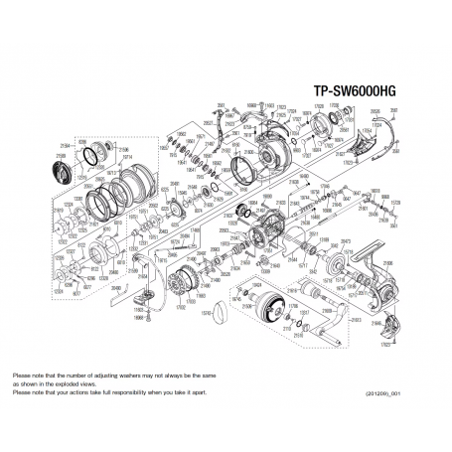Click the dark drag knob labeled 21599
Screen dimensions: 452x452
coord(60,169)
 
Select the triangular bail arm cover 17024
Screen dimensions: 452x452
coord(261,118)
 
